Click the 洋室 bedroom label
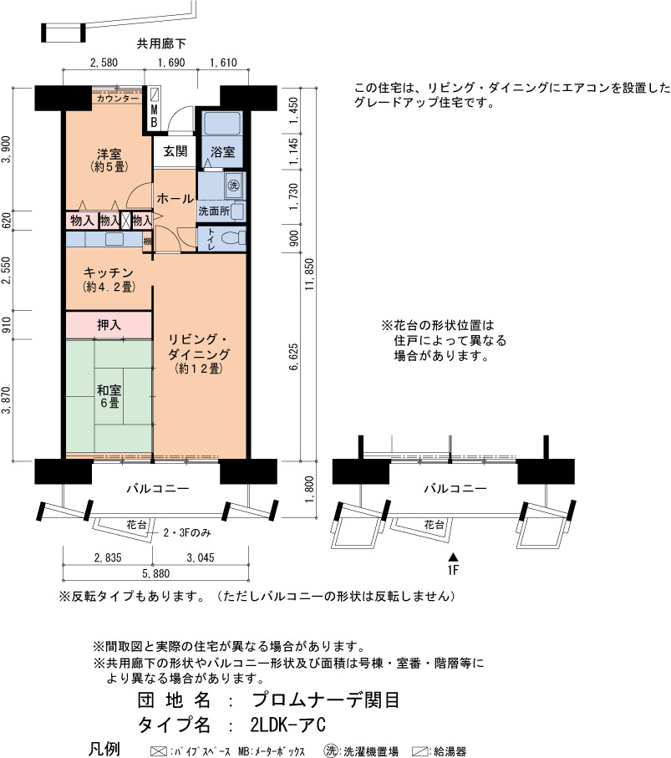point(109,155)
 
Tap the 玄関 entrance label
point(175,151)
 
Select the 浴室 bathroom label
point(223,152)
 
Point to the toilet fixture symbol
point(233,238)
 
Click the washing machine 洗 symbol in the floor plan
point(233,186)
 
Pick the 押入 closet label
point(109,325)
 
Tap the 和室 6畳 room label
point(109,396)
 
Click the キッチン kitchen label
point(109,272)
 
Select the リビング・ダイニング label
point(199,347)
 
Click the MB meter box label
point(154,116)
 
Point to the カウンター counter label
point(118,98)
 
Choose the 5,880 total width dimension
point(155,573)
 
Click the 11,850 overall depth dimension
point(309,274)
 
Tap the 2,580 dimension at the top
point(104,63)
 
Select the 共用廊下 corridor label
point(161,43)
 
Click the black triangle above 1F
point(453,557)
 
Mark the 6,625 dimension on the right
point(293,357)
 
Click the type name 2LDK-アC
point(287,725)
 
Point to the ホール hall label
point(175,198)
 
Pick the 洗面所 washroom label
point(214,211)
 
